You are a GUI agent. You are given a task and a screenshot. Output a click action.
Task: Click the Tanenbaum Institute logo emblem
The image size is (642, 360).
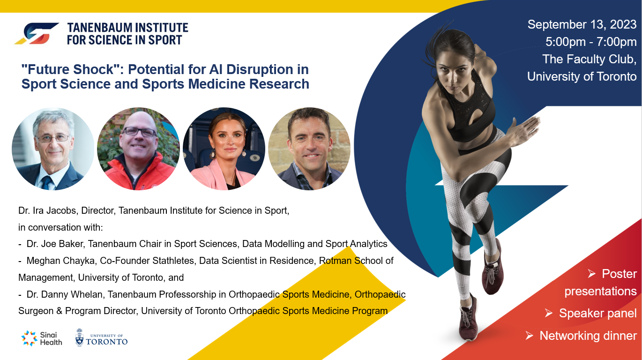click(x=37, y=34)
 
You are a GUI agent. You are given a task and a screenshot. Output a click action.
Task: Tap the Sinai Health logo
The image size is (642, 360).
click(x=42, y=338)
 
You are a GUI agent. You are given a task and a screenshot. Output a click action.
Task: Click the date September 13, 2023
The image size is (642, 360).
click(x=582, y=25)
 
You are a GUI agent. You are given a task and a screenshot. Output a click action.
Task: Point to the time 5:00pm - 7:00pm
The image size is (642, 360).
click(x=591, y=42)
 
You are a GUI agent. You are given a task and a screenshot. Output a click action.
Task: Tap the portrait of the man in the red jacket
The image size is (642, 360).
click(x=138, y=149)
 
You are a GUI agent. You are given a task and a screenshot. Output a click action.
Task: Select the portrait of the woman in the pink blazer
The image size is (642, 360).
click(x=224, y=149)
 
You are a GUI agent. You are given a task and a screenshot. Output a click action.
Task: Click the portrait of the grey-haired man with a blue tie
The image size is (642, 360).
click(x=53, y=149)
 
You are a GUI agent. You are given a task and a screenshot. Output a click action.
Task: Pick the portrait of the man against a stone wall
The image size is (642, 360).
click(x=309, y=149)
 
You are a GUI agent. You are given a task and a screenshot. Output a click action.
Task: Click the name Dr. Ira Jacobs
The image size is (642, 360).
click(x=47, y=210)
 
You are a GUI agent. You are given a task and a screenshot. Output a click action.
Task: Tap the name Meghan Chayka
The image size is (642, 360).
click(x=61, y=261)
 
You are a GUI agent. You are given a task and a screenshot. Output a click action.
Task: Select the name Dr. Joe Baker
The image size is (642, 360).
click(x=55, y=244)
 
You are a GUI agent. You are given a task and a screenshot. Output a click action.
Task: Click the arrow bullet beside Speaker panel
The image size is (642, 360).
click(x=549, y=313)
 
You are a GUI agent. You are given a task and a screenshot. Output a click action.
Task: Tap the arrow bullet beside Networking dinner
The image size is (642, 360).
click(x=530, y=335)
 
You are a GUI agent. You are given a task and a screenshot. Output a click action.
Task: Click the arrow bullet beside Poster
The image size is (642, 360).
click(x=591, y=274)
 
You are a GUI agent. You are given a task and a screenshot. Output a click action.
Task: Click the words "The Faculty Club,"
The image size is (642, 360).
click(x=589, y=60)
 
